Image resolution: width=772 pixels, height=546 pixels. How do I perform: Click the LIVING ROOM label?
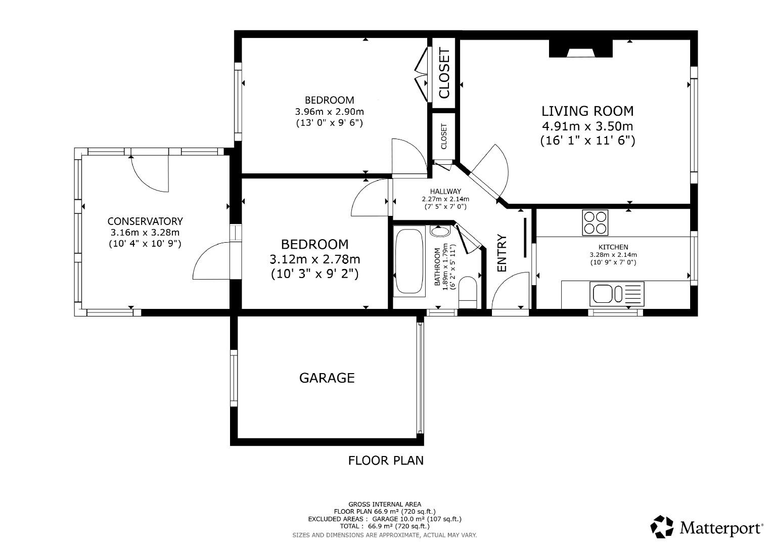click(587, 111)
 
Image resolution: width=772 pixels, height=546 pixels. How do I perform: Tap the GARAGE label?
click(327, 378)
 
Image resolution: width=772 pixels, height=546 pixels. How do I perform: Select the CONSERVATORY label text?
click(145, 221)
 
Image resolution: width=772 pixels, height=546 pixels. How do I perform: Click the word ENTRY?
click(502, 253)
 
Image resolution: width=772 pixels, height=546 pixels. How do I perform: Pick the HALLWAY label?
click(445, 192)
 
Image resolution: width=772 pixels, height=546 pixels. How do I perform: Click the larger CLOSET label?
click(444, 73)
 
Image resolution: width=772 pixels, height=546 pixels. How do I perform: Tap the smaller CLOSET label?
click(444, 136)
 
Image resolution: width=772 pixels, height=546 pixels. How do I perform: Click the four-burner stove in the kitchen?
click(595, 222)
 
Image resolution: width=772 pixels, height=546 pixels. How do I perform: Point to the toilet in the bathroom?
click(468, 292)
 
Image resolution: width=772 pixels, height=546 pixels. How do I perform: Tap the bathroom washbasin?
click(440, 232)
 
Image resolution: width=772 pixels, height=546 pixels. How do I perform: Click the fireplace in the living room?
click(580, 50)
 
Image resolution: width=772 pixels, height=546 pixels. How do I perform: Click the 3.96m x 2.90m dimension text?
click(329, 111)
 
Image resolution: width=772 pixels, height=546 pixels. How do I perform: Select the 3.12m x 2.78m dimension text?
click(315, 259)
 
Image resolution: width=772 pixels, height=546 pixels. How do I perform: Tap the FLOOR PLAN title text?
click(386, 461)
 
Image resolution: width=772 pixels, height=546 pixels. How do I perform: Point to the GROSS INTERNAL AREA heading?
click(385, 504)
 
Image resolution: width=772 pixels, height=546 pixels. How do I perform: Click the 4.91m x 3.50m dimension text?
click(587, 126)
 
